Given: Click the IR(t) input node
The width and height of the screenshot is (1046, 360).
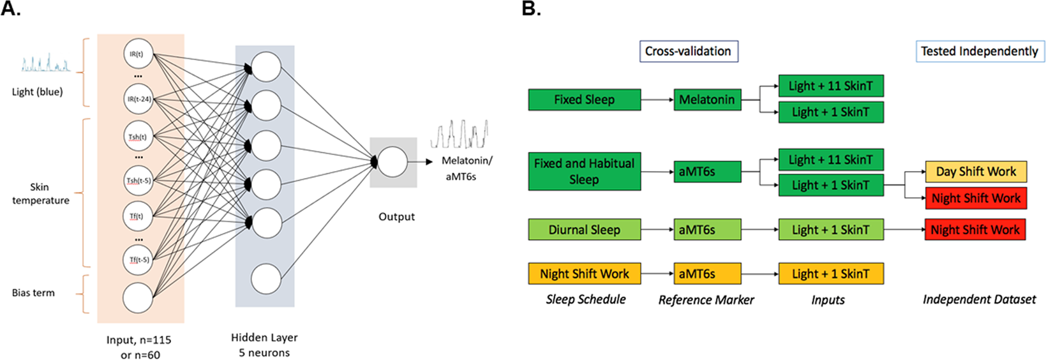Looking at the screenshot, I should (x=138, y=54).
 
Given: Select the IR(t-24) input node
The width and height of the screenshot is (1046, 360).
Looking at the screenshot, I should (x=138, y=99).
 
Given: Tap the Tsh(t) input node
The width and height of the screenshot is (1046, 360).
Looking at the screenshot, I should (x=138, y=137).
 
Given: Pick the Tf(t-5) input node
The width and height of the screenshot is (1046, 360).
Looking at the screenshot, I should (x=138, y=260).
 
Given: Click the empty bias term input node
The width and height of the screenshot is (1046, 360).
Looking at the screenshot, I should (x=138, y=298).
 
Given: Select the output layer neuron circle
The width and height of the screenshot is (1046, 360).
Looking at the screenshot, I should (x=392, y=162).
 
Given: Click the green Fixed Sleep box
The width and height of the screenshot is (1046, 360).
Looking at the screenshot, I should (x=584, y=100).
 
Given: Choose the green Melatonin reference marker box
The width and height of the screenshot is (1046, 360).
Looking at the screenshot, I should (x=707, y=100).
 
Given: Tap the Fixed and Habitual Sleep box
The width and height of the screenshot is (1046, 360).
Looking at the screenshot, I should (x=584, y=171).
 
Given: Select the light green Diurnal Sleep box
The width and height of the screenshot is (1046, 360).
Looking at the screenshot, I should (x=584, y=230).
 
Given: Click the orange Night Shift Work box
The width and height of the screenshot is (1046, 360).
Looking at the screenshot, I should (x=584, y=274).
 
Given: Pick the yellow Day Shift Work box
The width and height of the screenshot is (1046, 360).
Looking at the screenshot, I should (x=975, y=172).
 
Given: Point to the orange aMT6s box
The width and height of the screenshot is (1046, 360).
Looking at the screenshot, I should (x=707, y=274).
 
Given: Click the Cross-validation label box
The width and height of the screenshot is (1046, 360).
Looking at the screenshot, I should (x=688, y=51).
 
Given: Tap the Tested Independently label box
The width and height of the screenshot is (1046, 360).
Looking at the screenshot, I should (x=979, y=51).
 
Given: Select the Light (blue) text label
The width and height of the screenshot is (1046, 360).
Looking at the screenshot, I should (x=37, y=92).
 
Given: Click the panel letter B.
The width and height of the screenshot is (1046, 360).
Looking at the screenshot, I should (x=531, y=9).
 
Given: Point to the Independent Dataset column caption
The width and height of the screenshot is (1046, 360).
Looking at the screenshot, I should (x=979, y=299).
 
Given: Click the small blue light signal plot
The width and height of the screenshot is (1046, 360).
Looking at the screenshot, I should (x=45, y=63).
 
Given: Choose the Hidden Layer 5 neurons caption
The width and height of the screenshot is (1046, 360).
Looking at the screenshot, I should (x=264, y=345).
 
